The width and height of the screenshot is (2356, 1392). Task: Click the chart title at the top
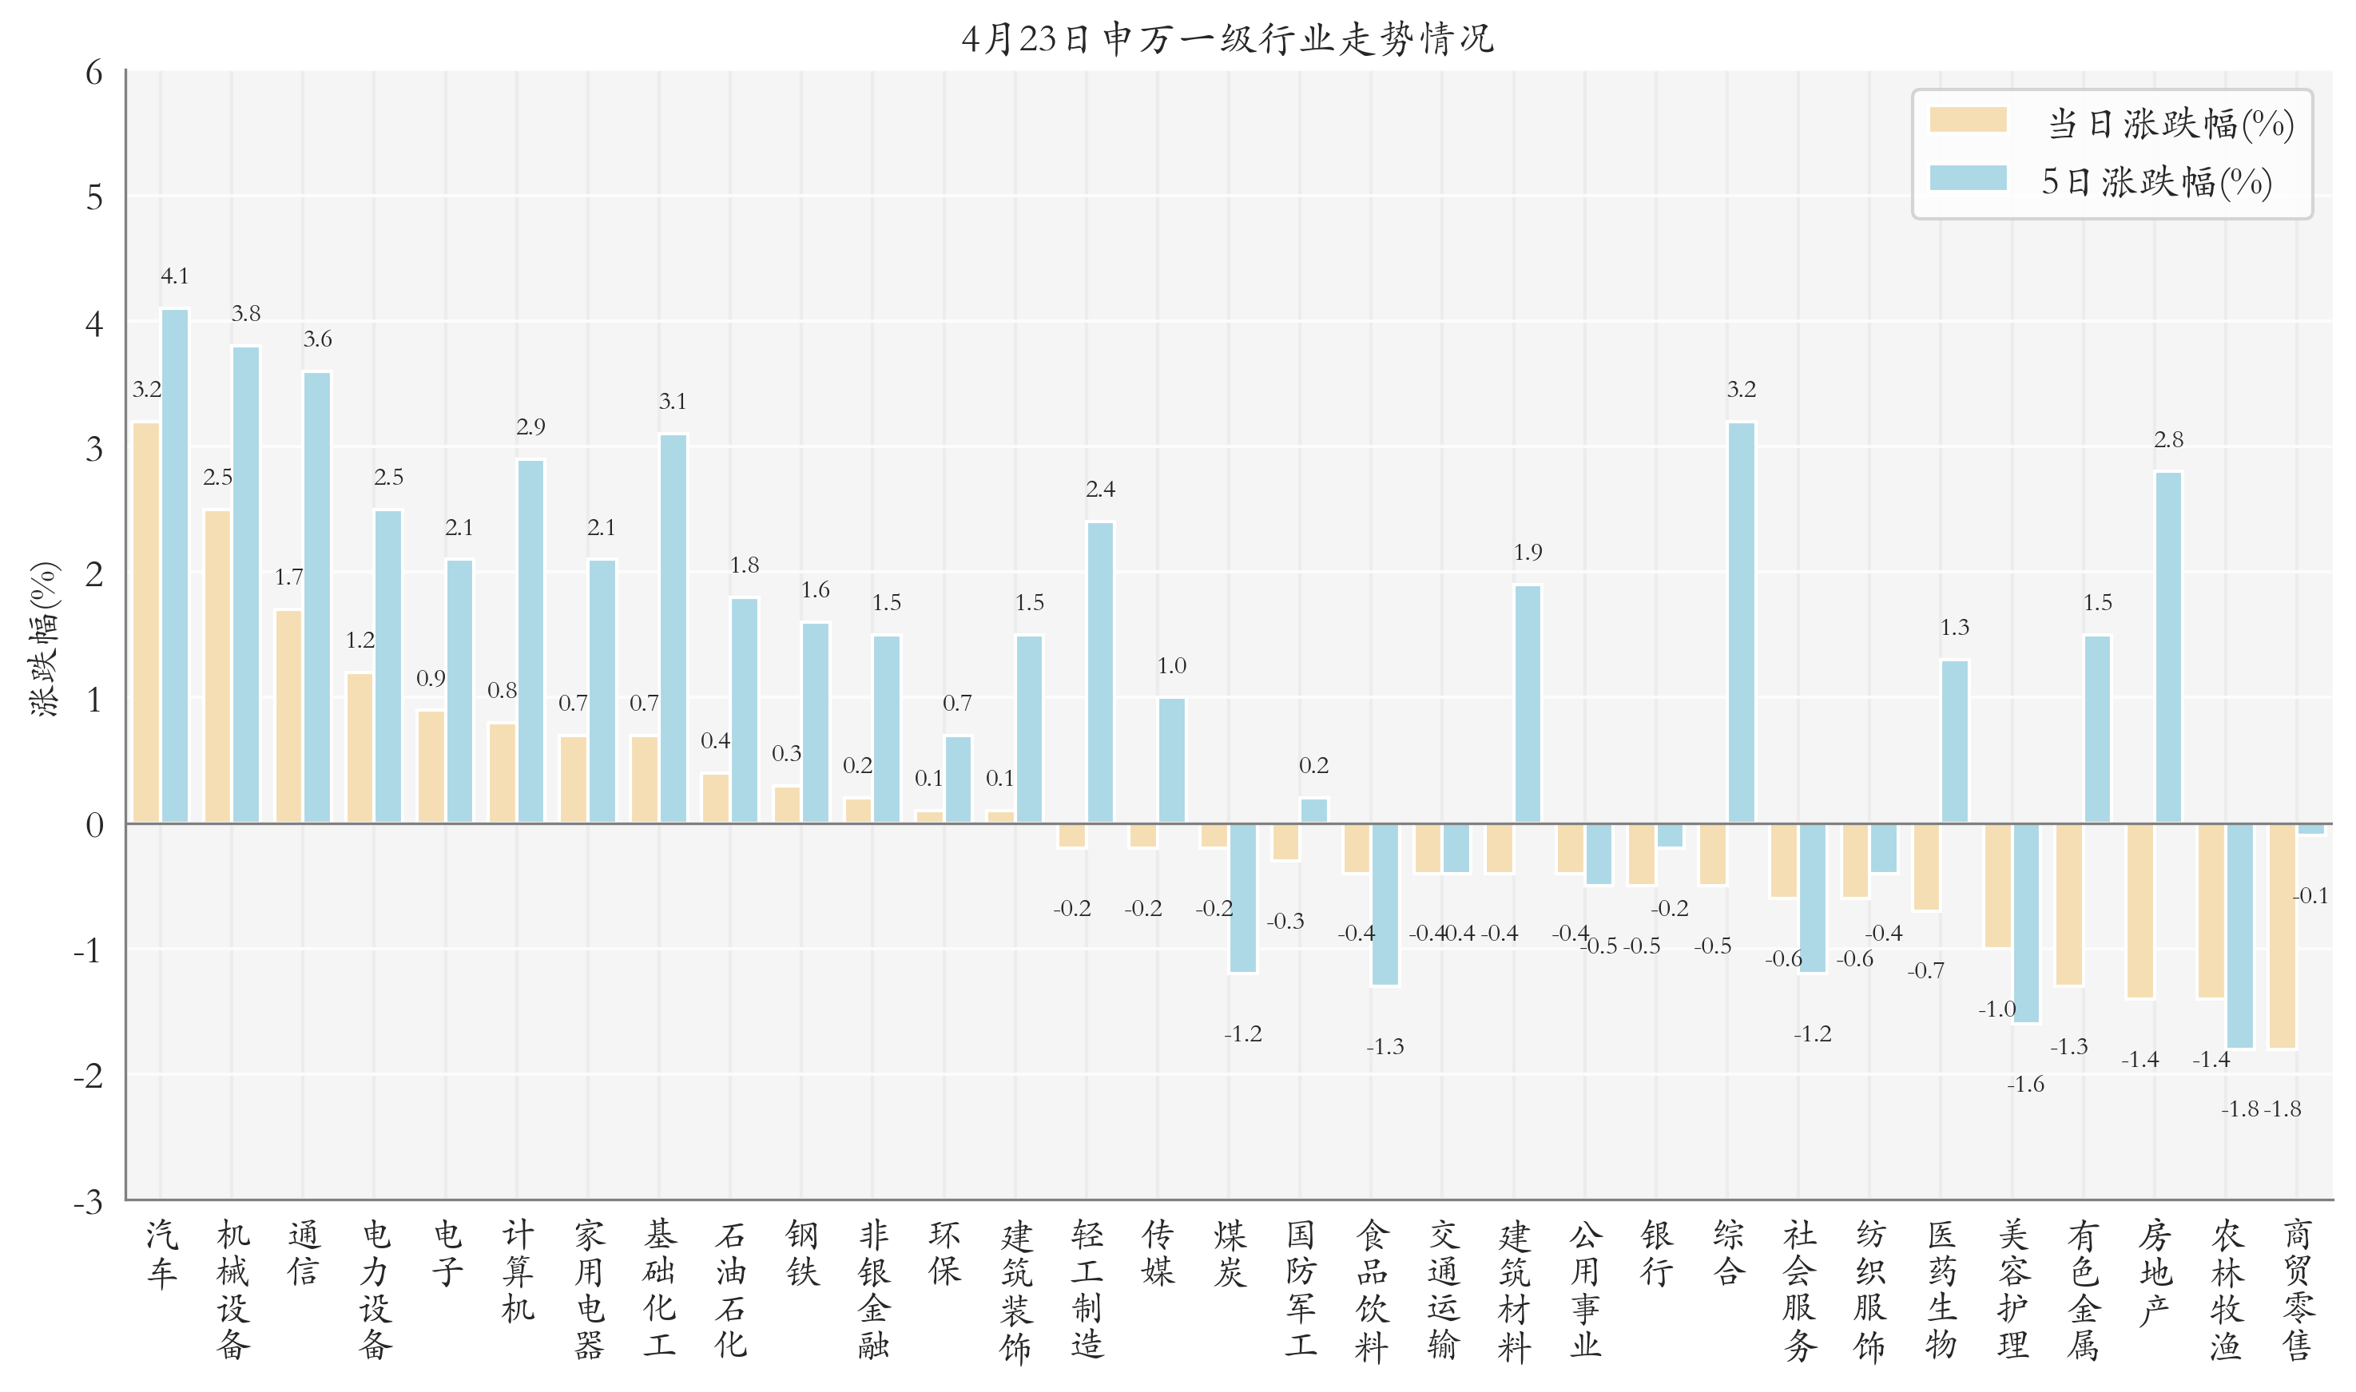pos(1227,39)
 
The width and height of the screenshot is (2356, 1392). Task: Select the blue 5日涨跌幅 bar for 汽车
pos(174,566)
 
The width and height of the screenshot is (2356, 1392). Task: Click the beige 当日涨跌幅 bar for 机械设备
pos(217,667)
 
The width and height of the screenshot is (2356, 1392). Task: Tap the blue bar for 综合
pos(1741,623)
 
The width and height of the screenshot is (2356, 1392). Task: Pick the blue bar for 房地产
pos(2167,648)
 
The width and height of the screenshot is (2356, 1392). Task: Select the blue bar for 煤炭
pos(1242,898)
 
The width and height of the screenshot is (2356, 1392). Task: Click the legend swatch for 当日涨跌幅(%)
pos(1968,120)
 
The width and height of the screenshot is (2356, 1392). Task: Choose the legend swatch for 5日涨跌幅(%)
pos(1968,178)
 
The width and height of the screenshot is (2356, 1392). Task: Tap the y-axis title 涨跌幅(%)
pos(44,639)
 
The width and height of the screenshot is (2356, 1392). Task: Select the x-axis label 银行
pos(1656,1253)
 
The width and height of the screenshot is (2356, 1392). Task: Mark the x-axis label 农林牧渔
pos(2226,1290)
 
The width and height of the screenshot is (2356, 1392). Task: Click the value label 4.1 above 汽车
pos(174,276)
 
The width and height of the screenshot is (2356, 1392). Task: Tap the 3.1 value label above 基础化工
pos(673,402)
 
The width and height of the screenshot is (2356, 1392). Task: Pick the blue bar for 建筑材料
pos(1527,704)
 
